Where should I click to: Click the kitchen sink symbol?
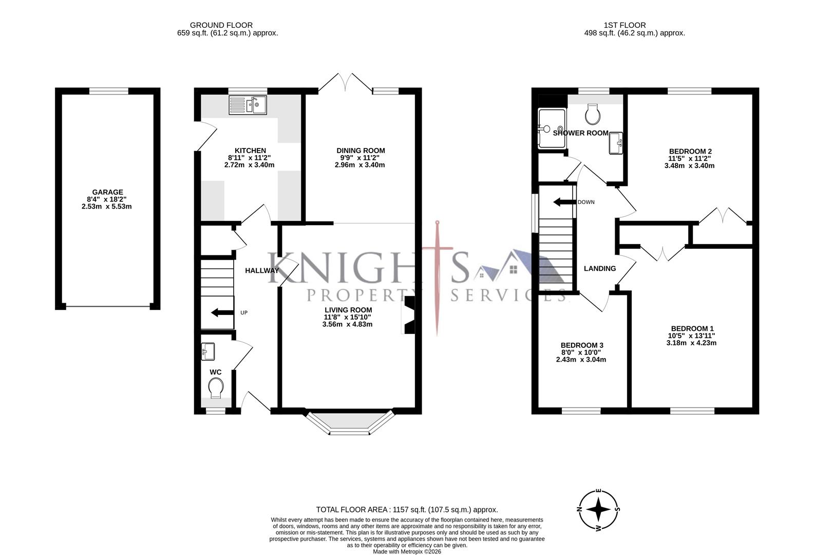(248, 105)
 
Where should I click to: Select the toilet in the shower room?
(593, 114)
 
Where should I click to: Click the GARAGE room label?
(107, 192)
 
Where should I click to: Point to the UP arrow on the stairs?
(221, 312)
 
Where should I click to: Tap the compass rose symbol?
(598, 510)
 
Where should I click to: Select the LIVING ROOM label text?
(348, 310)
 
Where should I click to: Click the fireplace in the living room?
(409, 316)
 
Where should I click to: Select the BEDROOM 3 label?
(581, 345)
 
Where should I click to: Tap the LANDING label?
(600, 268)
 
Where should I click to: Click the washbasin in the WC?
(208, 351)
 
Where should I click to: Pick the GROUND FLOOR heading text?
(221, 25)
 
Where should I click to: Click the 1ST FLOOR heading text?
(624, 25)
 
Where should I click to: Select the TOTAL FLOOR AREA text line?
(407, 510)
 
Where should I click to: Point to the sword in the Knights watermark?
(438, 277)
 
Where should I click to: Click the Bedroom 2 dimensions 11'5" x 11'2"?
(690, 158)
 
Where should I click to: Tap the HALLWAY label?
(262, 270)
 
